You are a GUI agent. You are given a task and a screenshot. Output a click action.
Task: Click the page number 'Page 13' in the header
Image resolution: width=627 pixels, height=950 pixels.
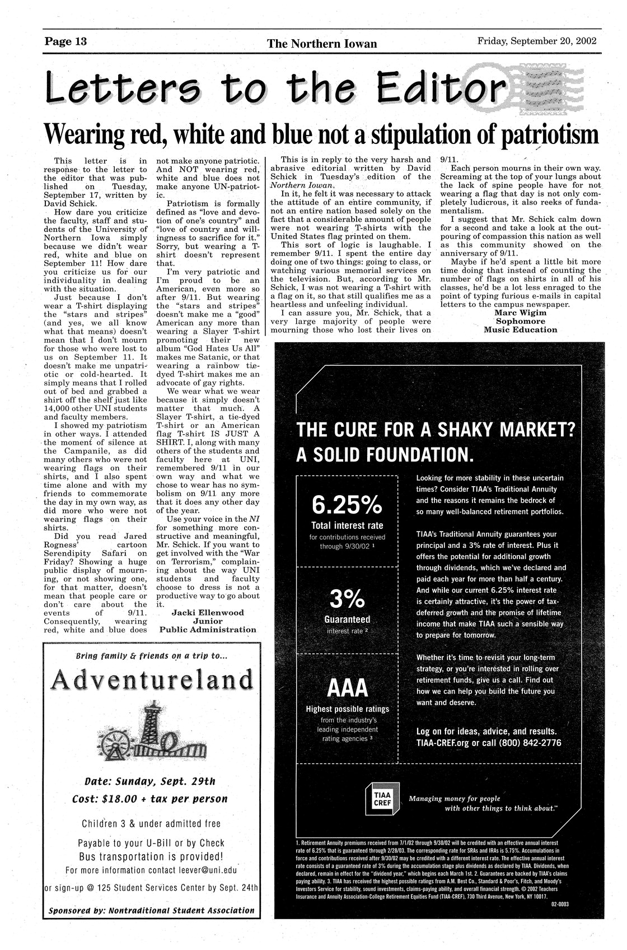pyautogui.click(x=69, y=43)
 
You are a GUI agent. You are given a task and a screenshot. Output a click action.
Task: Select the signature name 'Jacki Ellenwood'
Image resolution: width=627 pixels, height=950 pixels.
pyautogui.click(x=208, y=612)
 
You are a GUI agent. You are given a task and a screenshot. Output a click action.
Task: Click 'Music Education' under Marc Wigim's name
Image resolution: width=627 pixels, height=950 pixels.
pyautogui.click(x=521, y=329)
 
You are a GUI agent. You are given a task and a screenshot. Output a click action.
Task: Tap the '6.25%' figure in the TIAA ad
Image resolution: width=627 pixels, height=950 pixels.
pyautogui.click(x=347, y=506)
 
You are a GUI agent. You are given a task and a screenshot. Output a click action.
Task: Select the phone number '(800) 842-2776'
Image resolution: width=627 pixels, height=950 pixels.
pyautogui.click(x=527, y=743)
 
